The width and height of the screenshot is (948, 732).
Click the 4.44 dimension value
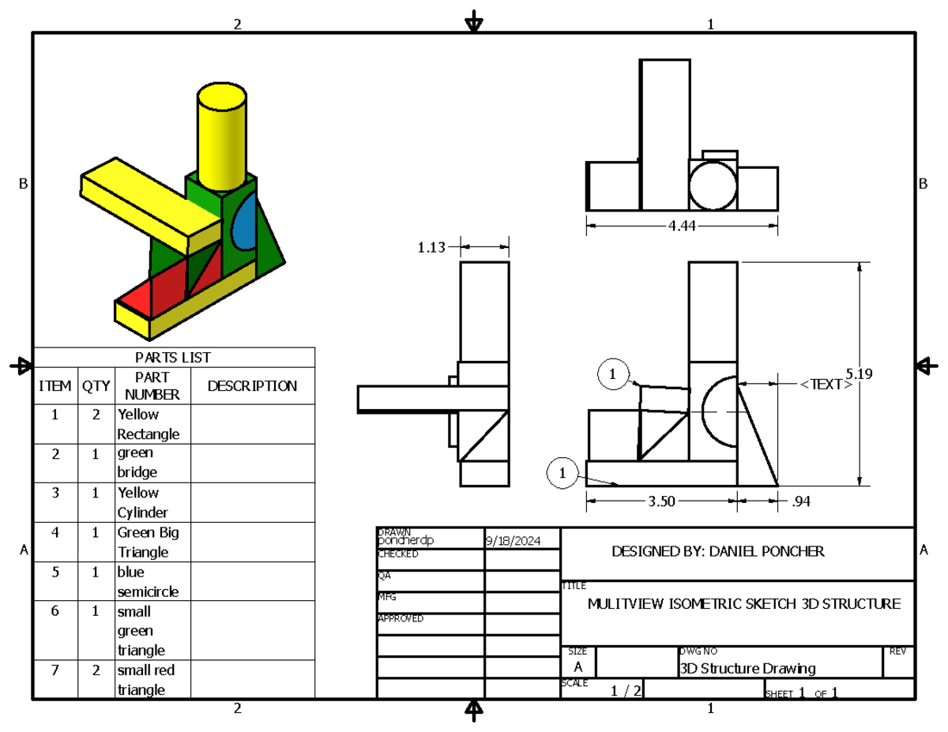coord(682,226)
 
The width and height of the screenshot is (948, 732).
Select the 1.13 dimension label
coord(431,247)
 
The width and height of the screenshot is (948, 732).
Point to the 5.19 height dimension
coord(859,374)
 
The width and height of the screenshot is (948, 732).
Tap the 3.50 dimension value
coord(662,500)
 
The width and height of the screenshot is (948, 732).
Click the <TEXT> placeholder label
coord(825,385)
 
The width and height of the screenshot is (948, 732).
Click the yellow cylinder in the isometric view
coord(221,138)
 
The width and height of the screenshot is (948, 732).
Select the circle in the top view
coord(713,185)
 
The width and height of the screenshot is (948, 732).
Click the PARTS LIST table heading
coord(174,358)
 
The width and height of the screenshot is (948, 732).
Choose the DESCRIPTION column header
coord(252,386)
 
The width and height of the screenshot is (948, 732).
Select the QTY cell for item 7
coord(96,670)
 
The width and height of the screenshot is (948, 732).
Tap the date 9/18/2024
coord(513,541)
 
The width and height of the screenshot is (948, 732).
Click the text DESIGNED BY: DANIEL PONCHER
coord(717,552)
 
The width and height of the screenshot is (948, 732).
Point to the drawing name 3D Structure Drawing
coord(747,669)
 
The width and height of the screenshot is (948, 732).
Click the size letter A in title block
coord(578,667)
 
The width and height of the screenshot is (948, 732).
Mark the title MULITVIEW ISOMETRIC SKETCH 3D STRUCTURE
coord(743,604)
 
